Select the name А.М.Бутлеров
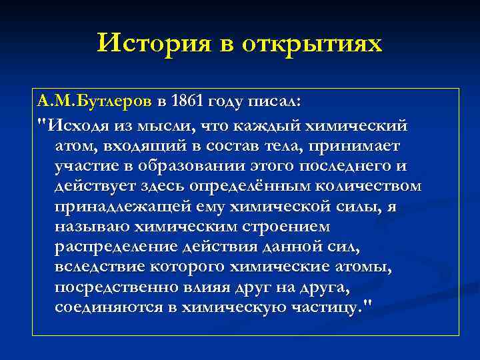coord(95,101)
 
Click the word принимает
coord(366,145)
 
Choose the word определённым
coord(246,186)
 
